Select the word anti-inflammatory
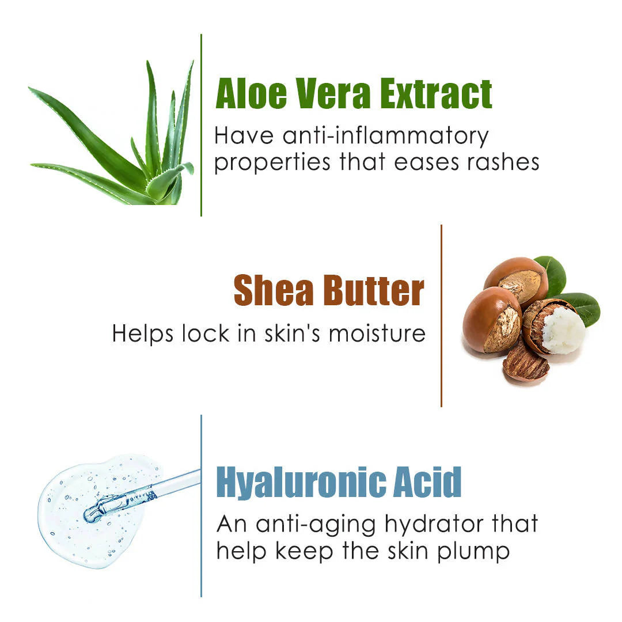click(x=386, y=136)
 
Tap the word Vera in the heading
click(x=329, y=94)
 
